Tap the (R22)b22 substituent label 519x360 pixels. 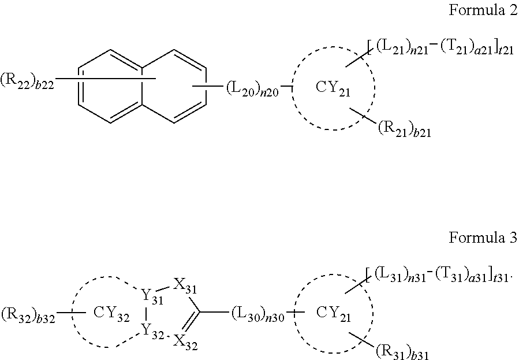pos(28,83)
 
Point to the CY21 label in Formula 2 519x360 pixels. pos(334,88)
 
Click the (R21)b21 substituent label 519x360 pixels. pos(404,129)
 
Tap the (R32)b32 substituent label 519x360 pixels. pos(28,316)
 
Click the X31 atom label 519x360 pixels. pos(184,285)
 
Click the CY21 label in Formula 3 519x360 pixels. pos(333,312)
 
